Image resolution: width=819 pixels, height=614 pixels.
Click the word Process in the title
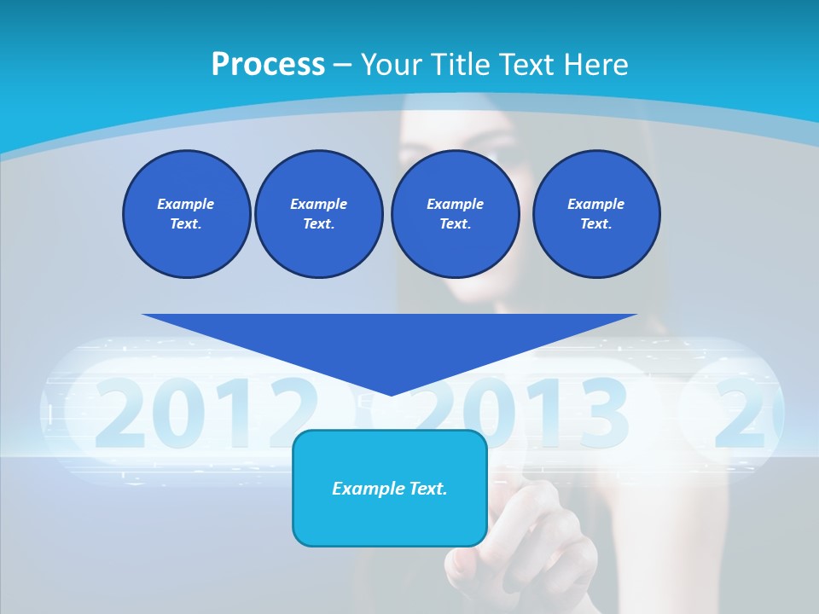pos(268,65)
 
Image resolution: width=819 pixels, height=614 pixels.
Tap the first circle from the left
pos(186,214)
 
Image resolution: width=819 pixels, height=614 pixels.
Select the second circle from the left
pos(318,214)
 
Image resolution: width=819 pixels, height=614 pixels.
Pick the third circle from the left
pos(455,214)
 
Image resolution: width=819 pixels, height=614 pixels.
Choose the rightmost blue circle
pos(595,214)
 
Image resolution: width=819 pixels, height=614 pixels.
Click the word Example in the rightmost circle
pos(595,204)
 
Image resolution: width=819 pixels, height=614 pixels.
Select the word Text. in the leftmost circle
pos(186,224)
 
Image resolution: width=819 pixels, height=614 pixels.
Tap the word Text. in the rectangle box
pos(427,489)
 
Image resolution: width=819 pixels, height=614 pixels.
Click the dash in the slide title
pos(342,65)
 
